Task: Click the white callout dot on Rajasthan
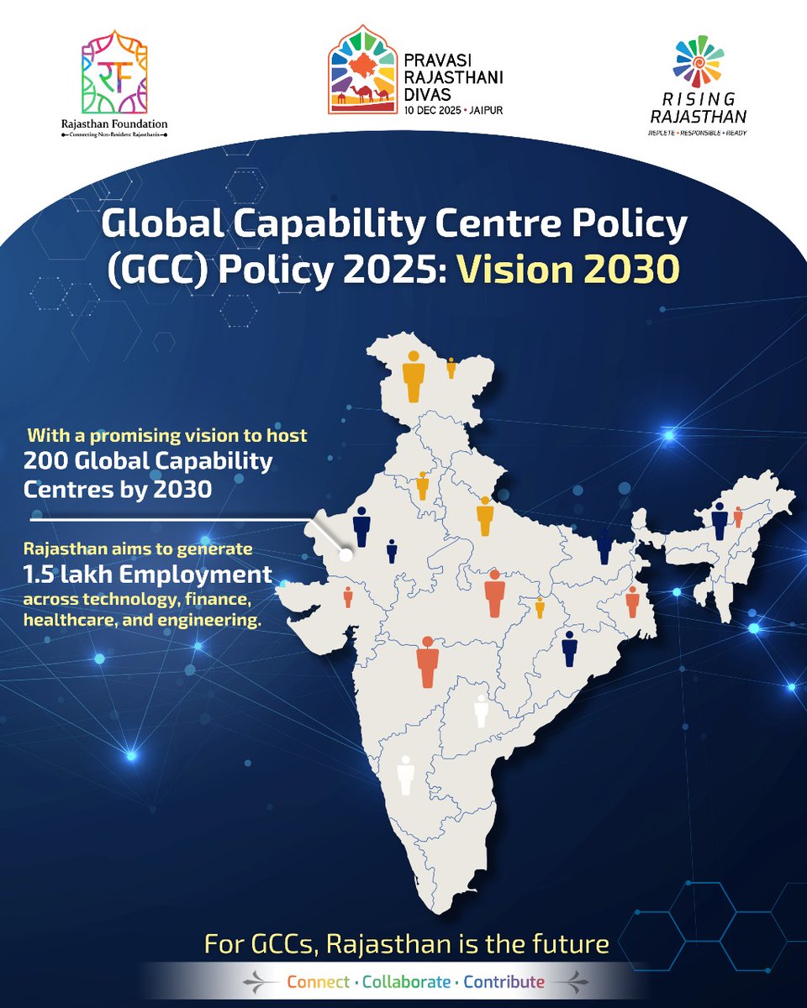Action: [345, 555]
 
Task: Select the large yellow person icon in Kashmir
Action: [413, 377]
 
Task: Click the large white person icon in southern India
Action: [406, 774]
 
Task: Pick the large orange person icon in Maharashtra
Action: [428, 661]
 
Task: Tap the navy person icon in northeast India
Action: [720, 521]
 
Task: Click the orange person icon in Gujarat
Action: [348, 597]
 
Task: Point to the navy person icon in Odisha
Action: [570, 648]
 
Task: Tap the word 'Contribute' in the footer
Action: [504, 982]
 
